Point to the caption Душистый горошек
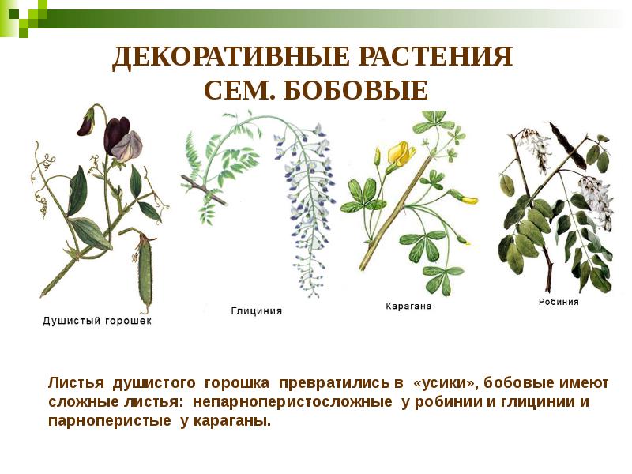tap(96, 322)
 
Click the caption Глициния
tap(256, 311)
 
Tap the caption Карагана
tap(408, 306)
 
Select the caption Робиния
tap(559, 302)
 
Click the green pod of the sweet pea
tap(145, 273)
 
